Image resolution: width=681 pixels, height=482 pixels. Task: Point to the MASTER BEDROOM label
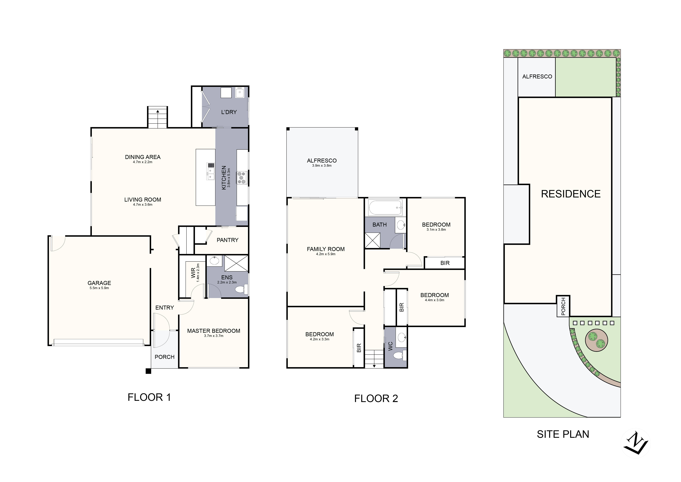pyautogui.click(x=214, y=331)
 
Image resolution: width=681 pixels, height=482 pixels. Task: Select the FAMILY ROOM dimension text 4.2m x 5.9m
pyautogui.click(x=326, y=254)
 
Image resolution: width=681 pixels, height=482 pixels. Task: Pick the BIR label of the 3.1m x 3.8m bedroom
pyautogui.click(x=445, y=263)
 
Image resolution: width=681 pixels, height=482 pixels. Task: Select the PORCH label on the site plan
pyautogui.click(x=563, y=306)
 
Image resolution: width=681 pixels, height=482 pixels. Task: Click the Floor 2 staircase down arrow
pyautogui.click(x=374, y=366)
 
